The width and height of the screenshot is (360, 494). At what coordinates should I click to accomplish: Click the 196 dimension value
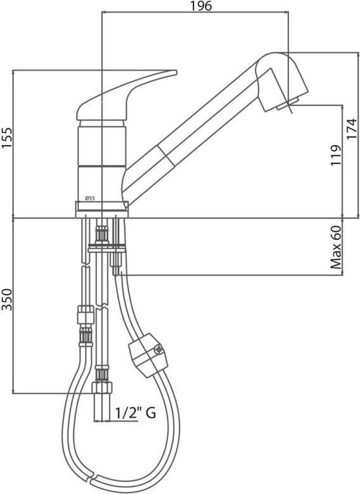201,6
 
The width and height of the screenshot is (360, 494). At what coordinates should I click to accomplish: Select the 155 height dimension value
6,137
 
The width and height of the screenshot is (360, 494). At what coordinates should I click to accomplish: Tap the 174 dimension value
352,129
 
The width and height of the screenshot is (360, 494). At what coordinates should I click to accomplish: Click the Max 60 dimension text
336,247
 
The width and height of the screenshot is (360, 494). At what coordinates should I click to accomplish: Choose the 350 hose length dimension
6,300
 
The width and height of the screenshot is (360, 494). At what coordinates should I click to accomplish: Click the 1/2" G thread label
135,413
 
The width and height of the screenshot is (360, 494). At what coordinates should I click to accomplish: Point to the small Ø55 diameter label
90,198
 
